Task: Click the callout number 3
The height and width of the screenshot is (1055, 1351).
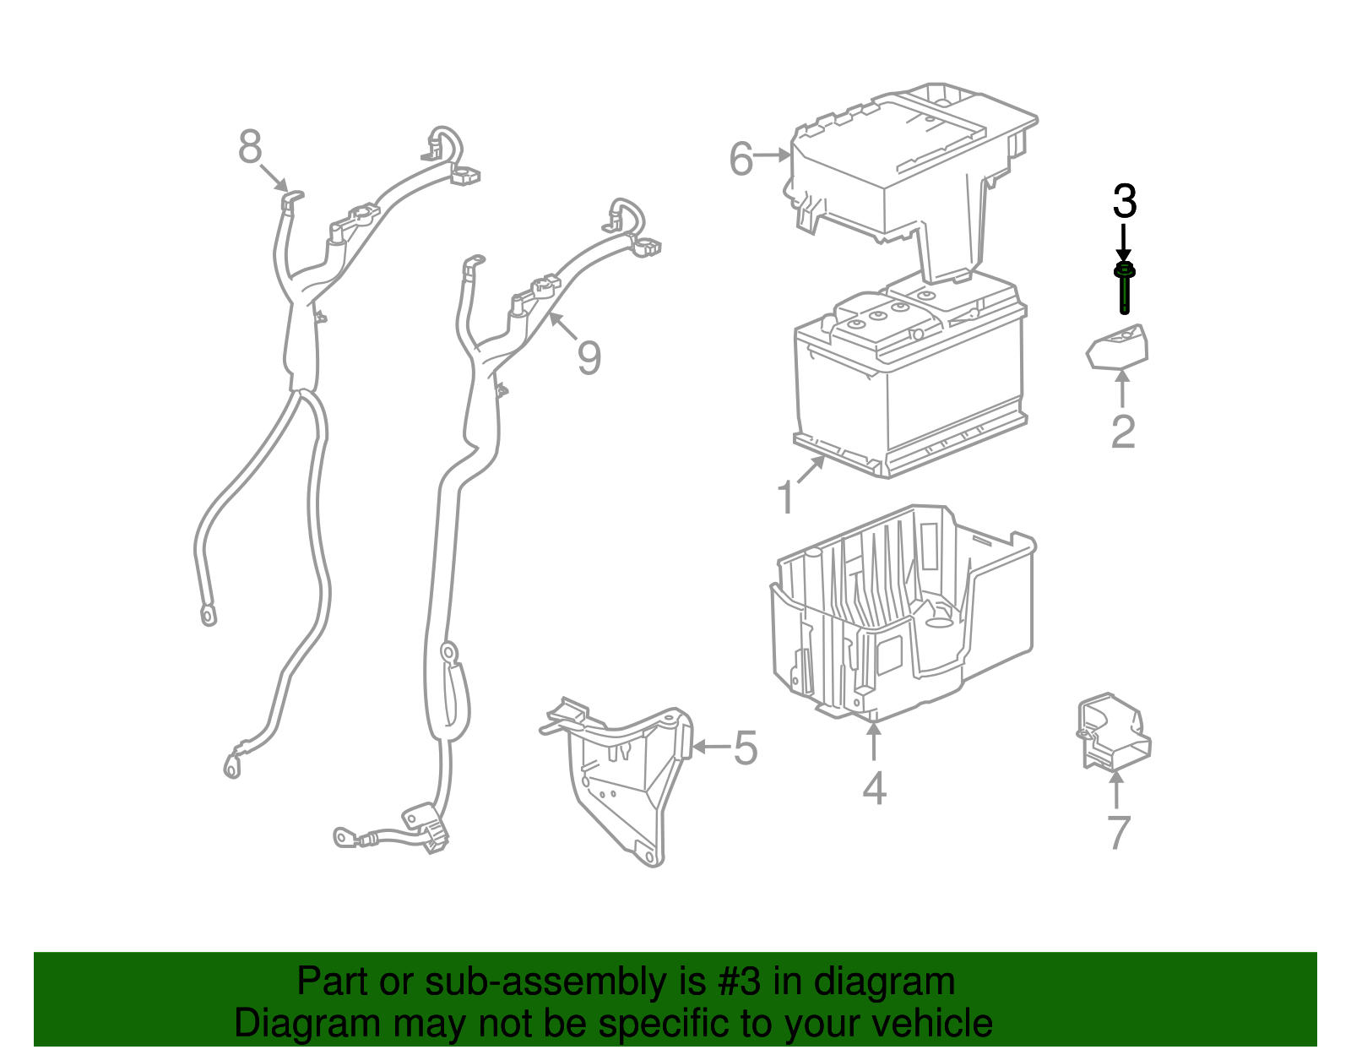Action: [x=1125, y=201]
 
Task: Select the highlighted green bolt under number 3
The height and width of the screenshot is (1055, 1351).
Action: [x=1124, y=288]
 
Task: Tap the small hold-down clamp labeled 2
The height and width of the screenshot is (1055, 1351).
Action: [x=1117, y=346]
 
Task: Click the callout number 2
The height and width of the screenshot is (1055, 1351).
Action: [x=1124, y=431]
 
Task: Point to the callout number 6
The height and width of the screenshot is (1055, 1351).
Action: [x=741, y=159]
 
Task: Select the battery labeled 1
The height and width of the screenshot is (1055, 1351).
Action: [x=910, y=380]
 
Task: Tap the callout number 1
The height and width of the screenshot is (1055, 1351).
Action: [x=786, y=498]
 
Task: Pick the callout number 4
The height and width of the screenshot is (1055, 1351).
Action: [x=874, y=788]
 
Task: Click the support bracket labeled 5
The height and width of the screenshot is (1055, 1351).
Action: [x=616, y=781]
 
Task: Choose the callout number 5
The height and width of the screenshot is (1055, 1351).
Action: [x=746, y=748]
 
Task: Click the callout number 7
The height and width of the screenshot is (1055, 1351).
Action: [x=1119, y=832]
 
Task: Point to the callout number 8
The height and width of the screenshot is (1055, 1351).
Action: [x=250, y=147]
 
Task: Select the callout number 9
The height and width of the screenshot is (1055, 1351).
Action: [x=589, y=357]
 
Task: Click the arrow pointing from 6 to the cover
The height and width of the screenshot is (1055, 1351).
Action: [x=772, y=155]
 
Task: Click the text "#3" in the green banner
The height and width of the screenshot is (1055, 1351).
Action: [x=739, y=982]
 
